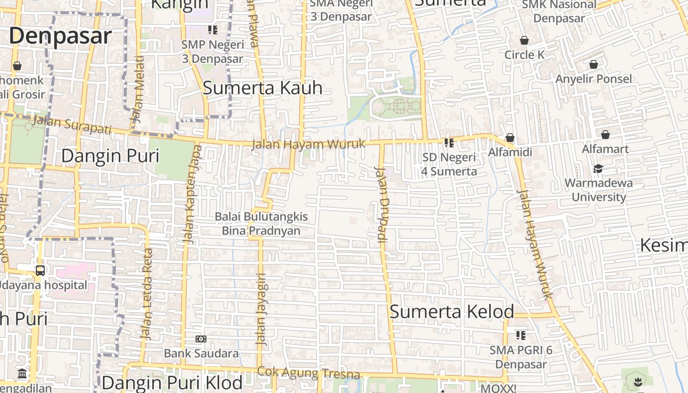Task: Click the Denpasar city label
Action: [60, 36]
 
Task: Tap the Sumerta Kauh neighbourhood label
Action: [262, 88]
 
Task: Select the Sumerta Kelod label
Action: [452, 311]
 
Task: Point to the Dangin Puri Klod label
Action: [172, 383]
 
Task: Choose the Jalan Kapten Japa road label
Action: [191, 194]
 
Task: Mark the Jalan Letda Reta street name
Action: [147, 294]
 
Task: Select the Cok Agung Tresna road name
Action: [309, 373]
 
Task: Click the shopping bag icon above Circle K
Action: [524, 40]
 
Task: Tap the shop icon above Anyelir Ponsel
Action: [593, 64]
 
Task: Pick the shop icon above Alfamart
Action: [605, 135]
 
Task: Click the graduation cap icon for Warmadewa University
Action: [598, 169]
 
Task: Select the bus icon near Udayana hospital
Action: [40, 270]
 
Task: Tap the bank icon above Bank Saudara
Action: [201, 339]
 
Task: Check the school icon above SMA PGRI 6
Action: [521, 336]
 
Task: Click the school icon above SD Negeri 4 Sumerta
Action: [449, 143]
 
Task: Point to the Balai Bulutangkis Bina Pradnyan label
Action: [261, 224]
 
